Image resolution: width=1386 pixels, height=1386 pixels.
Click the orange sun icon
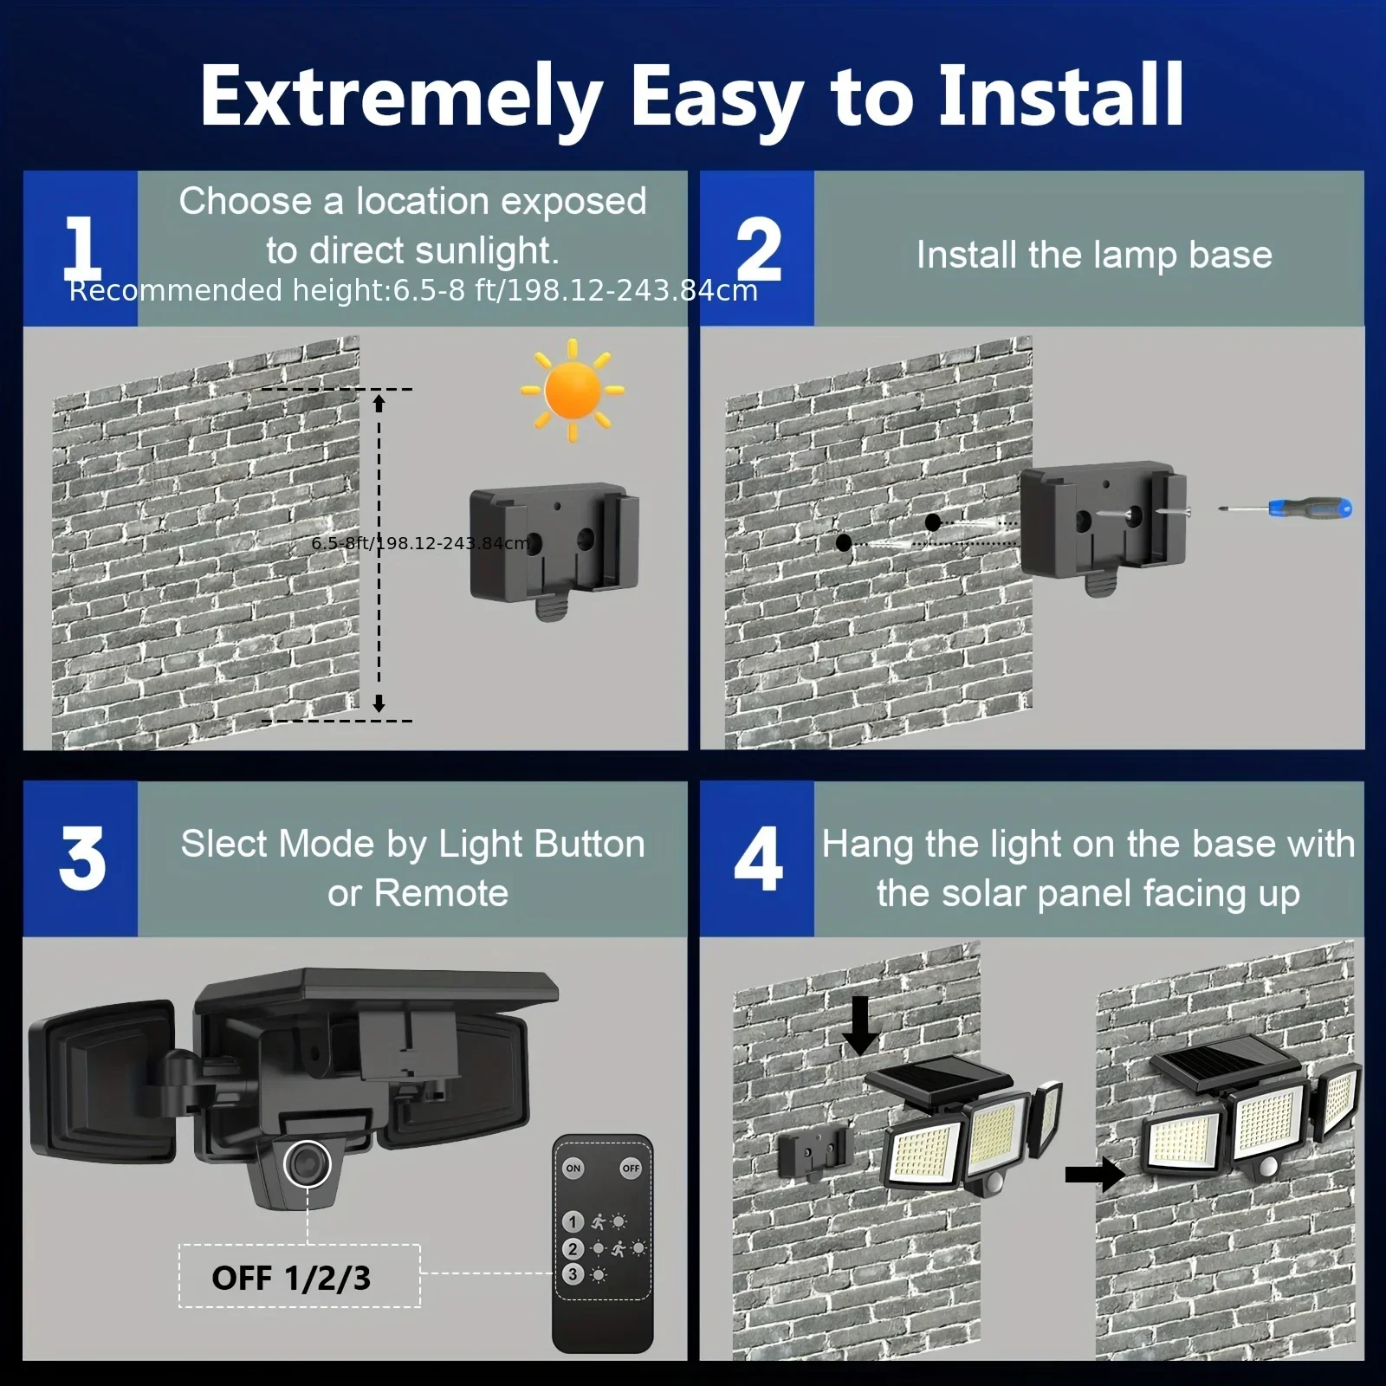click(572, 391)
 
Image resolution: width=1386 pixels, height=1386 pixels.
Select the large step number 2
click(758, 249)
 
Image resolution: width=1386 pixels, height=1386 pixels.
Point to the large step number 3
click(81, 858)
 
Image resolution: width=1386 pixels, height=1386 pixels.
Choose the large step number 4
click(758, 858)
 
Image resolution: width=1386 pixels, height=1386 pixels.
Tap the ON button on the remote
click(573, 1168)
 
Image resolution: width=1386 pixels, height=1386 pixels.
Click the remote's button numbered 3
click(573, 1274)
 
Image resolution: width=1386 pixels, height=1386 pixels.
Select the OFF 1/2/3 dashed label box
click(299, 1276)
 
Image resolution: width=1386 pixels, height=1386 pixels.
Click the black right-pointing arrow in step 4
click(1094, 1175)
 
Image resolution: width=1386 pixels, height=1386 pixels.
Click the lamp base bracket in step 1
click(554, 546)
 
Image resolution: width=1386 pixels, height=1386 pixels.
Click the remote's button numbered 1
click(573, 1221)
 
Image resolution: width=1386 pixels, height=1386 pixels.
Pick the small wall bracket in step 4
click(814, 1153)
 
